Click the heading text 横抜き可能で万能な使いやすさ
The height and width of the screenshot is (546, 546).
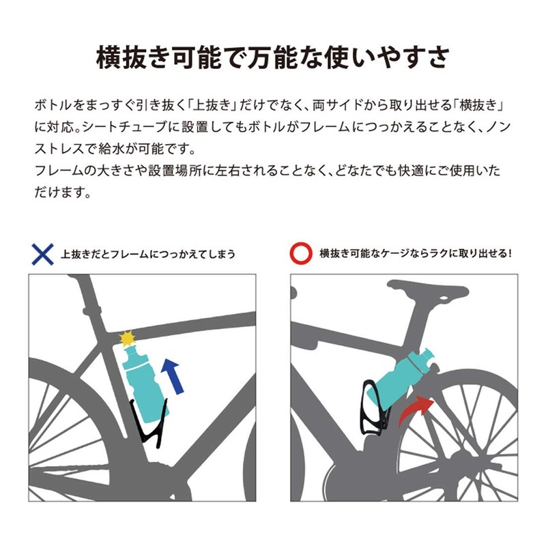tap(273, 57)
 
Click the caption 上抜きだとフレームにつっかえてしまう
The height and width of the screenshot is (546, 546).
tap(148, 254)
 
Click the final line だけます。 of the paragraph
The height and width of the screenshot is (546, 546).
tap(62, 192)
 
